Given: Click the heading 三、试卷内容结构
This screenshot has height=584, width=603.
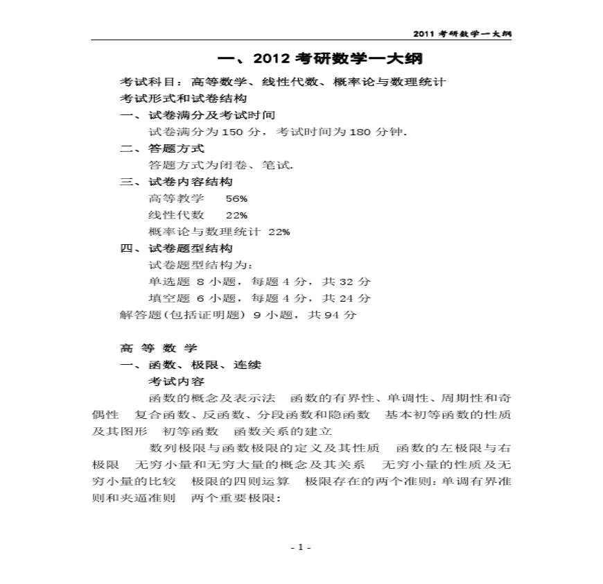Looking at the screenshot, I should coord(176,182).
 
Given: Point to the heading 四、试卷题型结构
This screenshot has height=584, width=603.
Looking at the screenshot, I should coord(176,248).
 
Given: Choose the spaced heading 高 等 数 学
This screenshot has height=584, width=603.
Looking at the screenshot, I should coord(159,348).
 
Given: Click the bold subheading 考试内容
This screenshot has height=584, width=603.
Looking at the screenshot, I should coord(176,381).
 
